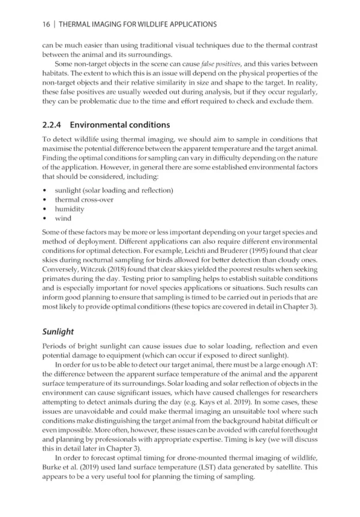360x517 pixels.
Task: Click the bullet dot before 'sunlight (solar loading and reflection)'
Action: (46, 190)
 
